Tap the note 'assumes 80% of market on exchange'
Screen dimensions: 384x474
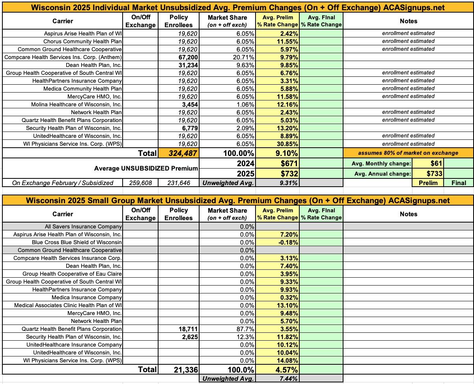[408, 153]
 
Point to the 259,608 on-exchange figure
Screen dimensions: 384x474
[140, 183]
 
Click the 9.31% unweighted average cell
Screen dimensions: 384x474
[289, 183]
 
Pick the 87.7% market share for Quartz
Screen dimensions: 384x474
[245, 329]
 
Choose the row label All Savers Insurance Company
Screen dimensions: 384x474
[83, 226]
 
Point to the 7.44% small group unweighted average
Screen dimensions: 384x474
[289, 379]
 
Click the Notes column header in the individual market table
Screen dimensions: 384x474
[408, 21]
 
